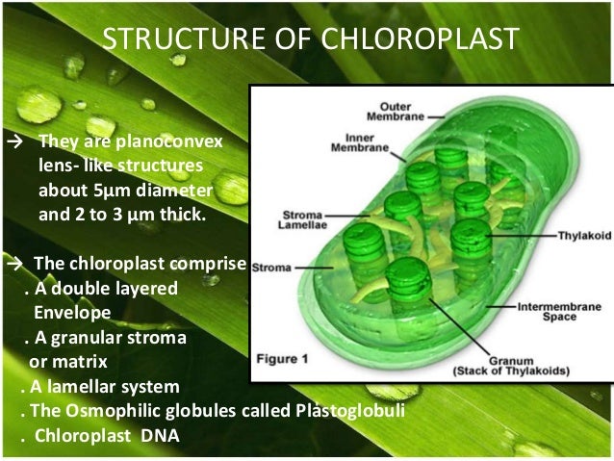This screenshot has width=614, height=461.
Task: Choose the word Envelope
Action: coord(73,313)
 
